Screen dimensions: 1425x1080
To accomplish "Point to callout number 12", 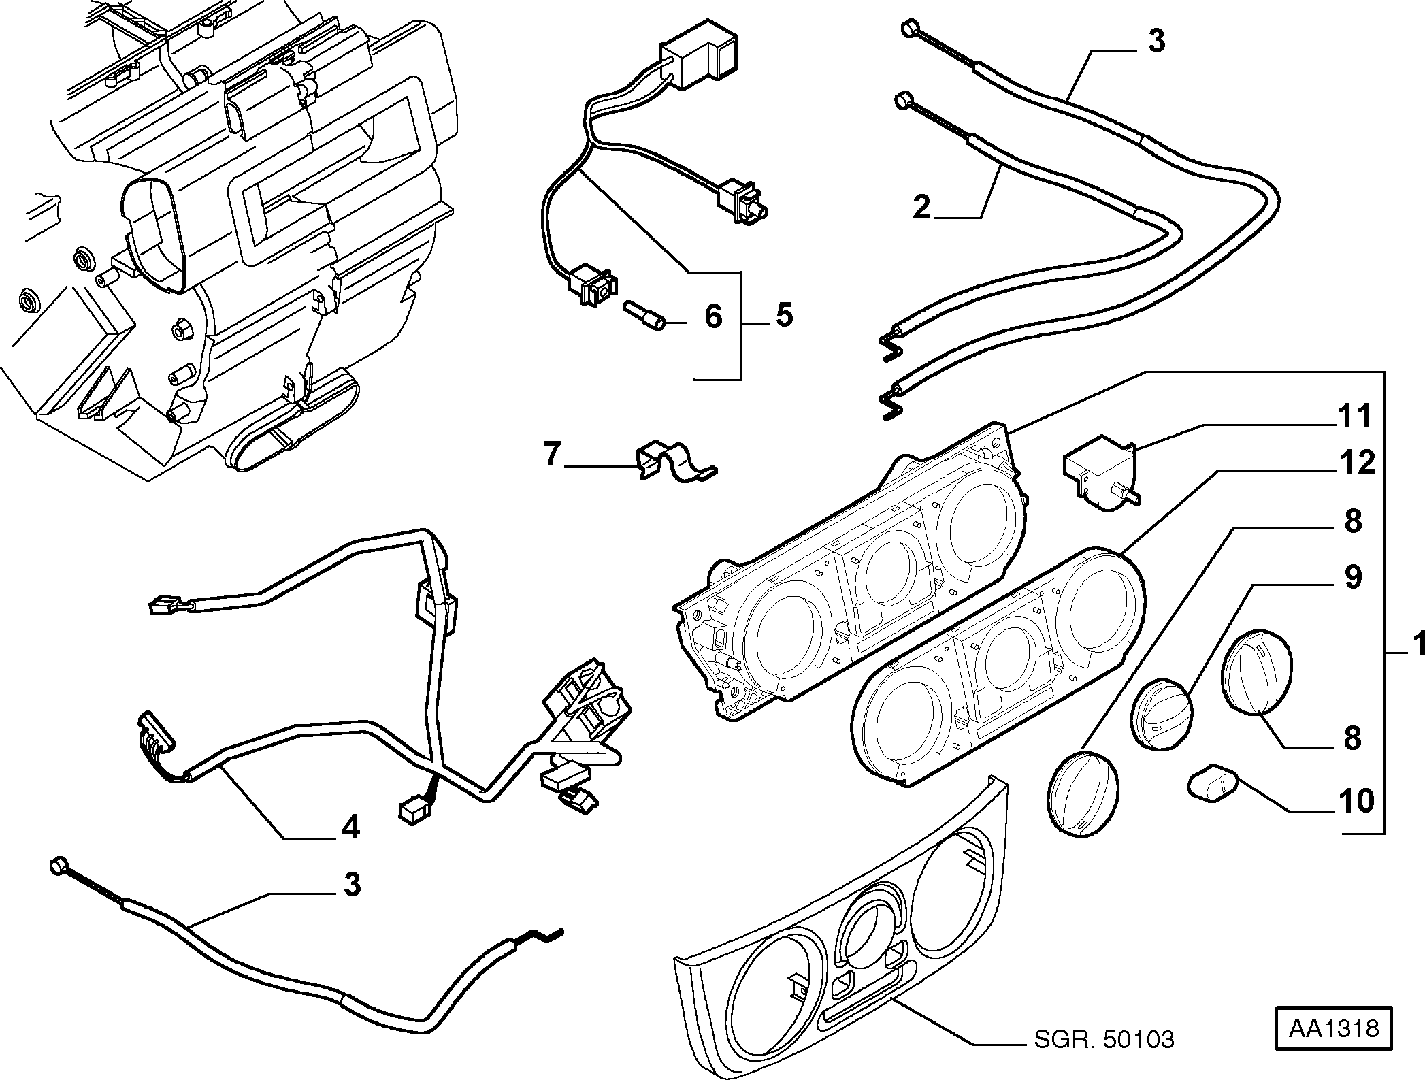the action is pos(1354,463).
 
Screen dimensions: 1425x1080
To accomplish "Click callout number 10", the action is pos(1355,801).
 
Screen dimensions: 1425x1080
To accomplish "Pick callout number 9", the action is pos(1353,577).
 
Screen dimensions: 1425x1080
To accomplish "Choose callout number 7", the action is pos(551,455).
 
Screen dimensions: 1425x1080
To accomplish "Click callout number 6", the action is pos(712,316).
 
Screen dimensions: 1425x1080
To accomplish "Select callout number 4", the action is pos(350,827).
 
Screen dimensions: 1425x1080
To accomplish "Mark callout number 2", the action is pos(921,207).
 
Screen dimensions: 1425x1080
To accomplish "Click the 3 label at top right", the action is pos(1156,41).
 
